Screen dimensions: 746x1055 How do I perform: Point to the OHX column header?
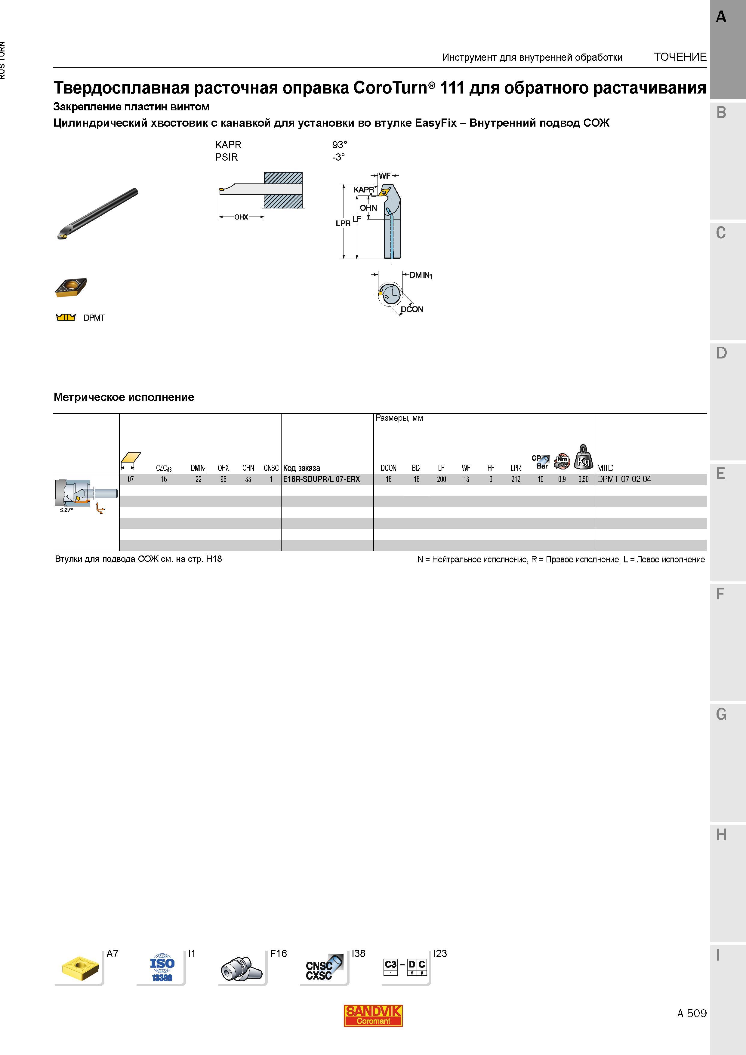click(x=223, y=468)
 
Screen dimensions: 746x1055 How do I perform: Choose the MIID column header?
click(x=605, y=468)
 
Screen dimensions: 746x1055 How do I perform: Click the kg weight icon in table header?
click(x=583, y=457)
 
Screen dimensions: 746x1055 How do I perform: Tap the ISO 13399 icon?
click(x=162, y=968)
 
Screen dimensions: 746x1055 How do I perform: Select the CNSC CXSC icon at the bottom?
click(x=324, y=968)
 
